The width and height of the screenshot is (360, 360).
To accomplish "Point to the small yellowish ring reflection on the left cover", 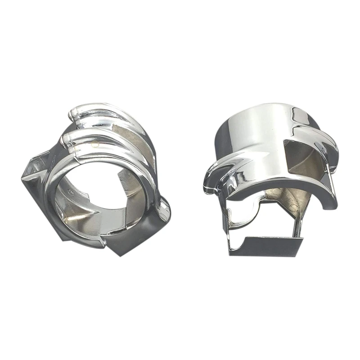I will tap(95, 145).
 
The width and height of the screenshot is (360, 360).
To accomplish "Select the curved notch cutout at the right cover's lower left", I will tap(246, 209).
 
